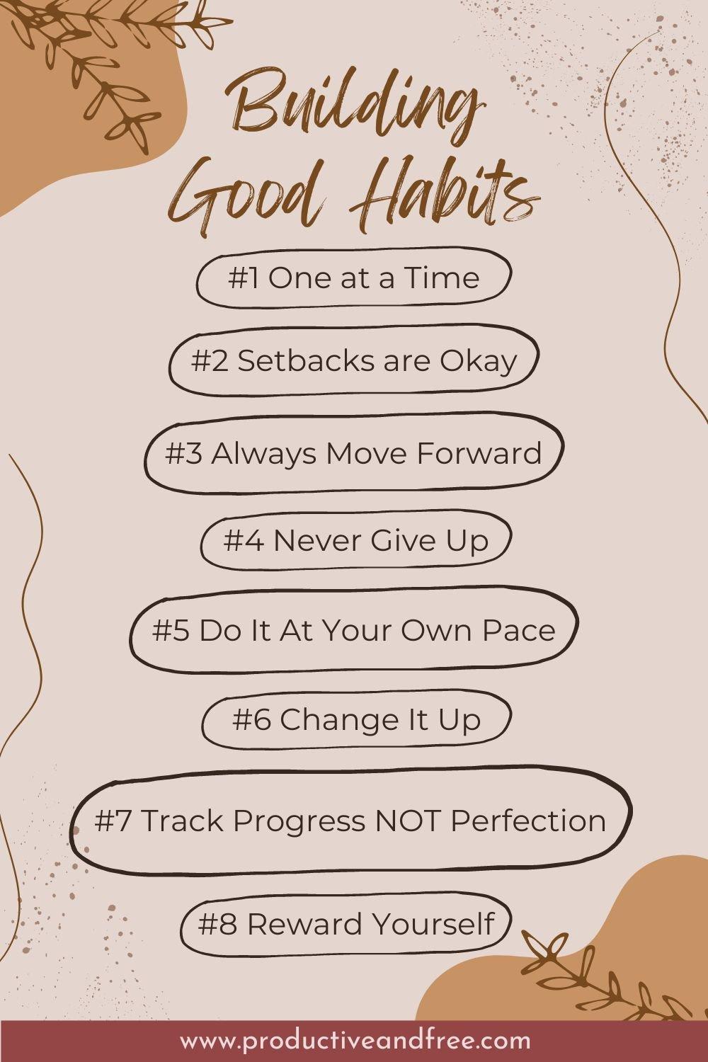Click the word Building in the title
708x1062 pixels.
[354, 110]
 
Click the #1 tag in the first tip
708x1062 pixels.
[244, 278]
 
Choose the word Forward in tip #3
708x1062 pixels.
[479, 453]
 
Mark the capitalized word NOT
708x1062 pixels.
[405, 821]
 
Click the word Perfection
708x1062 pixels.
[528, 821]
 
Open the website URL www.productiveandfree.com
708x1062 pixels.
[354, 1041]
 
